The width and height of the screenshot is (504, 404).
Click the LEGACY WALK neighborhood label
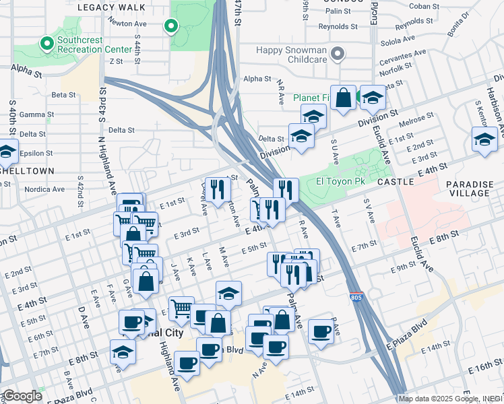(112, 7)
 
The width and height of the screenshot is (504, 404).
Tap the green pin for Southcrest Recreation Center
(46, 44)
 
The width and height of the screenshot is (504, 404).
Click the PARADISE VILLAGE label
(470, 188)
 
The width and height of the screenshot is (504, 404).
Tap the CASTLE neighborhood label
(394, 182)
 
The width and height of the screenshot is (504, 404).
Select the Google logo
(22, 396)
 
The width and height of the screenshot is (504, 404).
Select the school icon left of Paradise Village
(484, 140)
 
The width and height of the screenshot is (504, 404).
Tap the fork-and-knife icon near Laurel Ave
(217, 191)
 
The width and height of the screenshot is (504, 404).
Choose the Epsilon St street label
(32, 153)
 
